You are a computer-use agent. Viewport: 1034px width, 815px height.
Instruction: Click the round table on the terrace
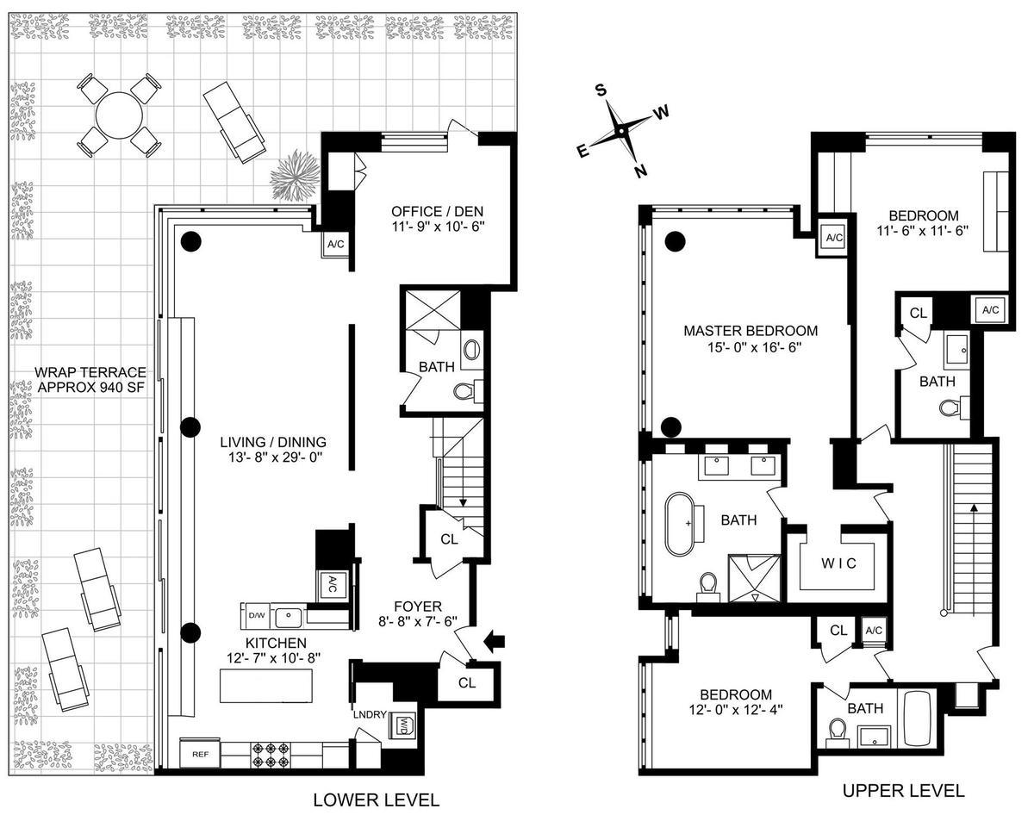click(x=120, y=114)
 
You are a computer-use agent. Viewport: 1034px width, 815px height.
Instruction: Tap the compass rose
click(x=620, y=131)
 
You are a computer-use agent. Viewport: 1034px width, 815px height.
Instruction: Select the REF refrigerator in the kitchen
click(x=201, y=754)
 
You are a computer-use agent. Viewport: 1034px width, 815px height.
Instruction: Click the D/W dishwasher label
click(x=256, y=616)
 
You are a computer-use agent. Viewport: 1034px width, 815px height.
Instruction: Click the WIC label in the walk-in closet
click(x=838, y=565)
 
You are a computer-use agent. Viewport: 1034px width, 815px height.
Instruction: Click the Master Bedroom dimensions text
click(x=751, y=349)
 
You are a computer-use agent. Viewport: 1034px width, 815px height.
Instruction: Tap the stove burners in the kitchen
click(x=269, y=755)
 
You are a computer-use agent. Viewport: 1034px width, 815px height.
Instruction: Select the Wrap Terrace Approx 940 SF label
click(x=89, y=380)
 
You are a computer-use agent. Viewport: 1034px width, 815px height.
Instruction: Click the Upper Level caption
click(x=903, y=790)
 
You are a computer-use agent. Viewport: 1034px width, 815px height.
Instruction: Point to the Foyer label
click(x=418, y=605)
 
